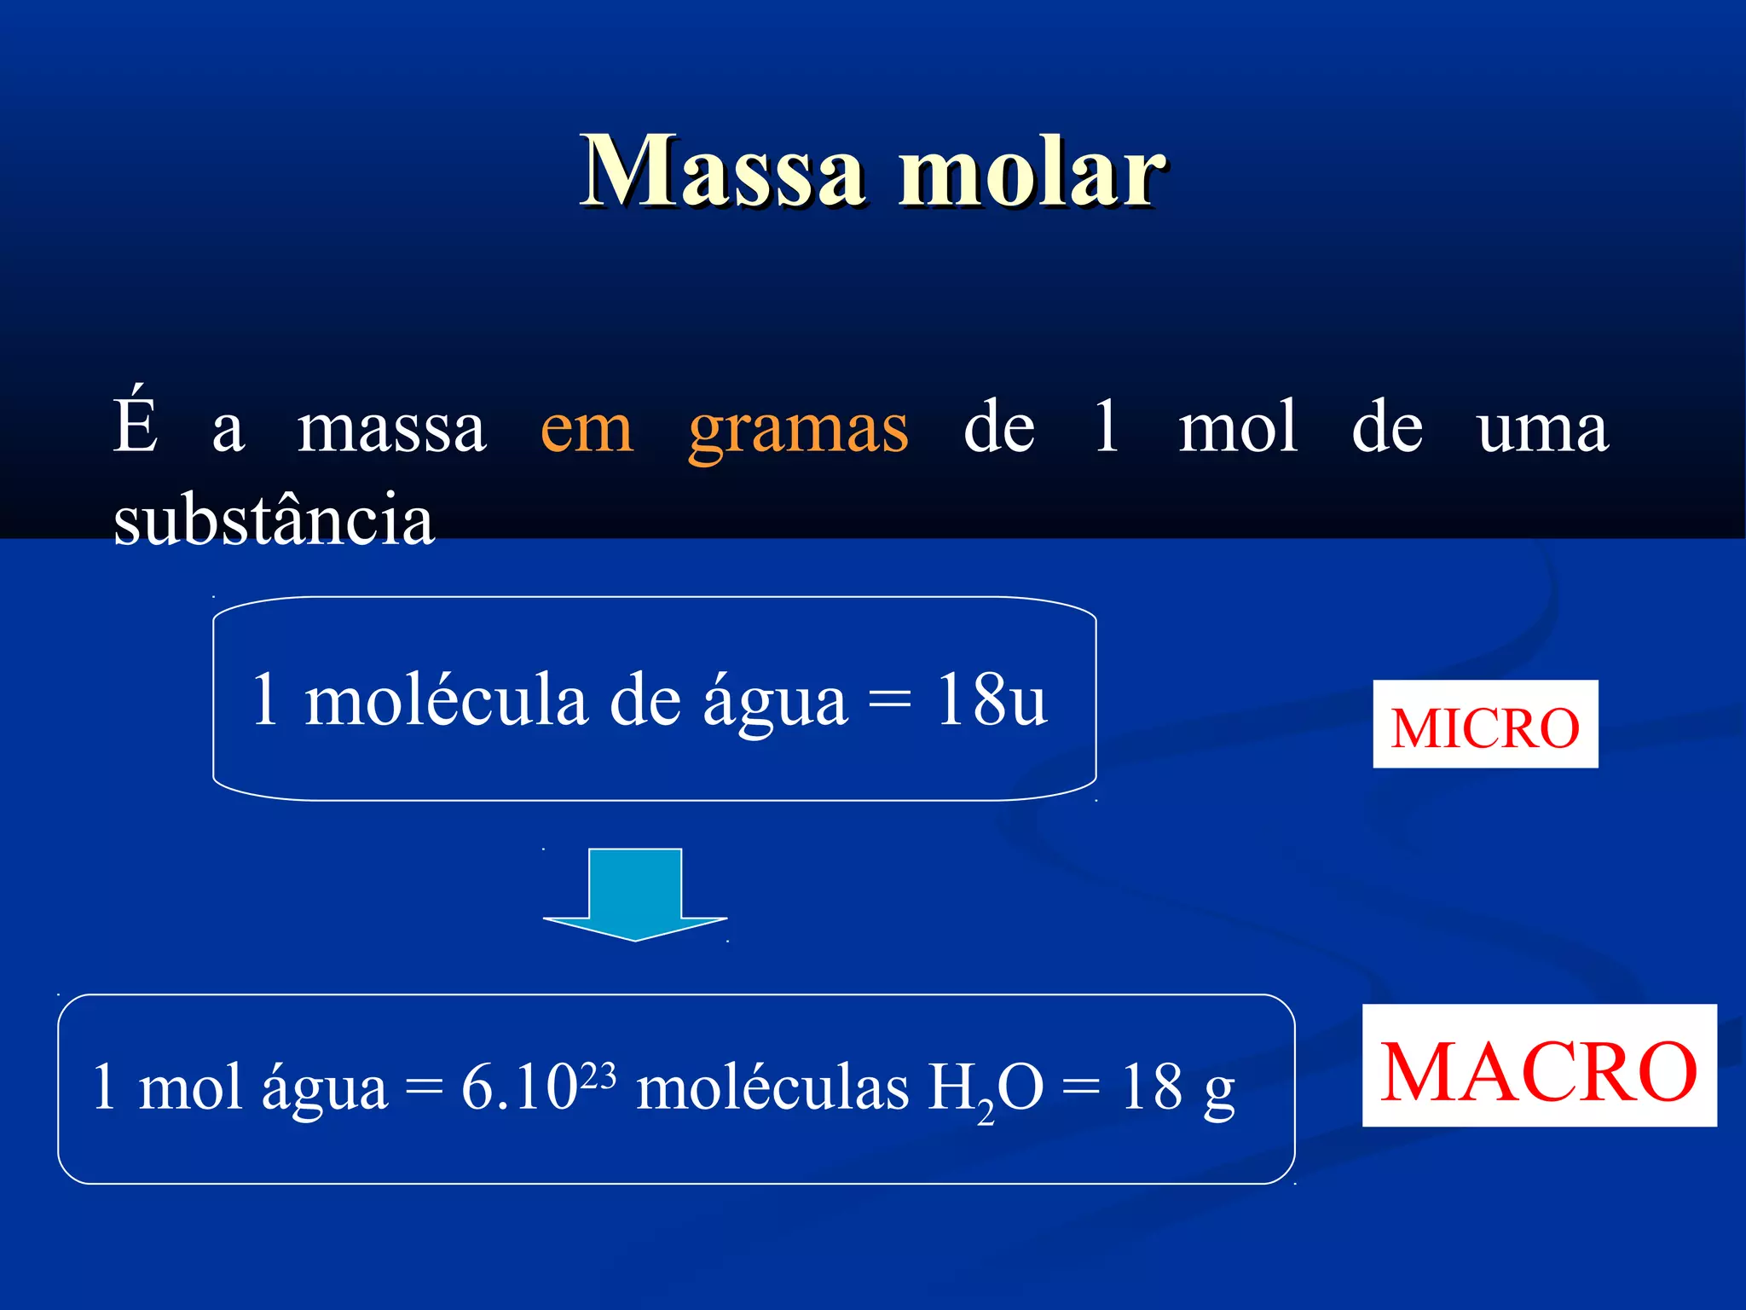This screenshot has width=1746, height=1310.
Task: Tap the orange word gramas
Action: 798,429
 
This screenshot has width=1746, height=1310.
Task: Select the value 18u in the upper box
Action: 991,699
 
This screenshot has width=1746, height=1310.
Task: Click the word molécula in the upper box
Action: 446,699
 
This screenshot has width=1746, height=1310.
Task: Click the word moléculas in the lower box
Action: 772,1088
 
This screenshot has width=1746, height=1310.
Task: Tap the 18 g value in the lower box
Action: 1177,1088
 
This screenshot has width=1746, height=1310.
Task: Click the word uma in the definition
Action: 1541,429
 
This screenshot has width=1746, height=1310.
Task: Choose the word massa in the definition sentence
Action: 391,429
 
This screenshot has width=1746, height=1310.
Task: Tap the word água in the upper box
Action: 774,701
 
